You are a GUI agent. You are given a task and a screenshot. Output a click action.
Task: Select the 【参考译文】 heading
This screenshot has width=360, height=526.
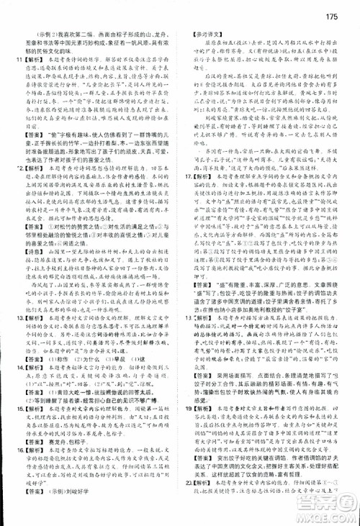click(204, 33)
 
